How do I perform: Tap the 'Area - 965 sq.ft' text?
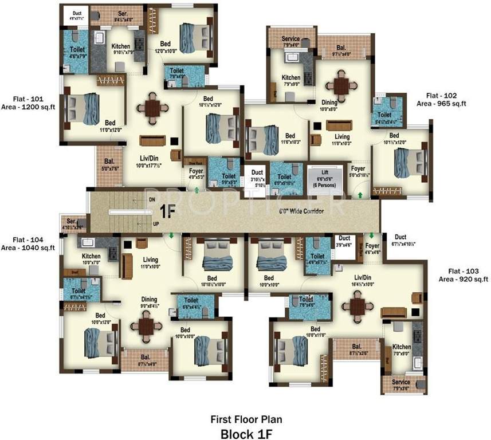pos(441,104)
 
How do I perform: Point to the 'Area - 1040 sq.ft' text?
pos(28,248)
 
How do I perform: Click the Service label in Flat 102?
pos(290,39)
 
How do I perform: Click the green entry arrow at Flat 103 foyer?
pos(371,235)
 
